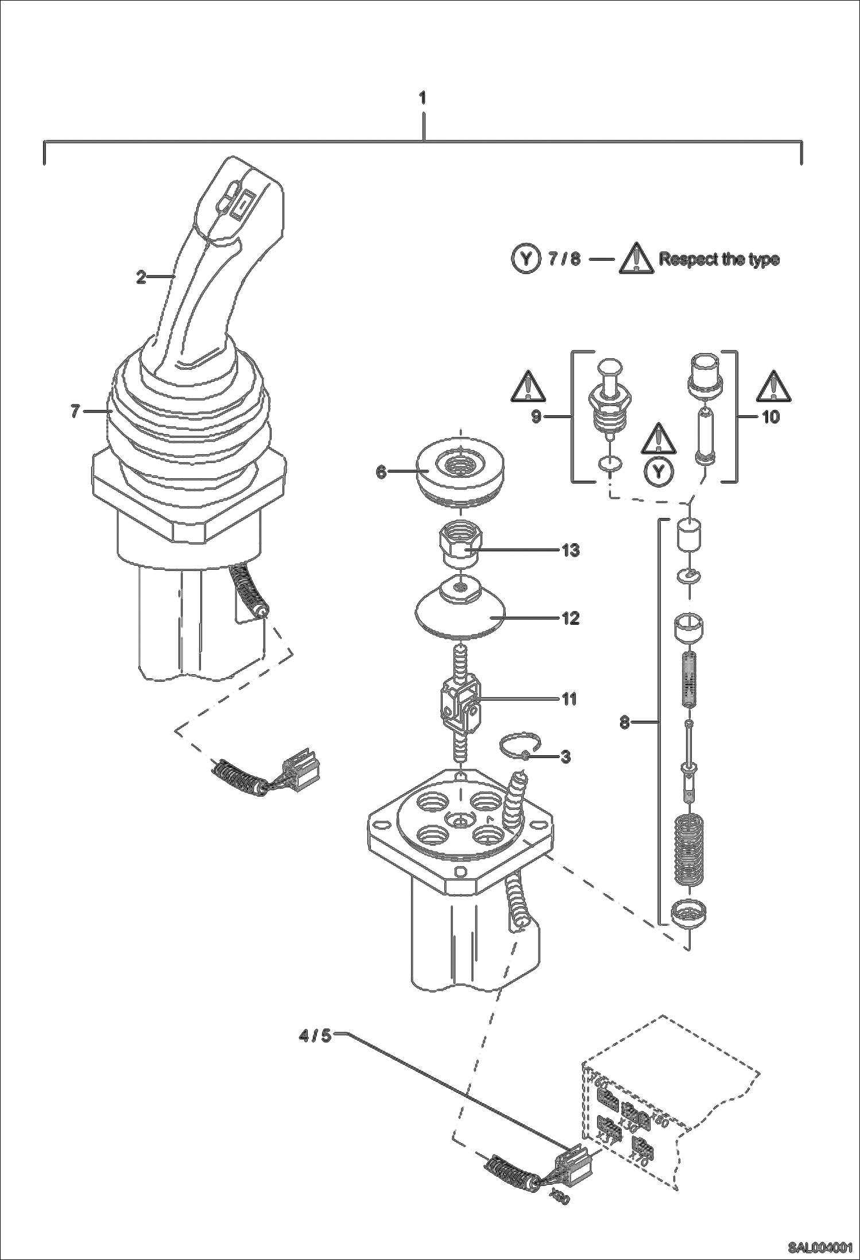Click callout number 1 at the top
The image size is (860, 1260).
(423, 98)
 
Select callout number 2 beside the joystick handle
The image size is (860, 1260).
(141, 277)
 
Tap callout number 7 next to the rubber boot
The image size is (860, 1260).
(75, 411)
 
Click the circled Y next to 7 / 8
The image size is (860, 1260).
(525, 260)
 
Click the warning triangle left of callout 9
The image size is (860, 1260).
(527, 386)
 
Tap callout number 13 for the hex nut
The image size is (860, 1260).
(570, 550)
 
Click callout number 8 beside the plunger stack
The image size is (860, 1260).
(625, 722)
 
